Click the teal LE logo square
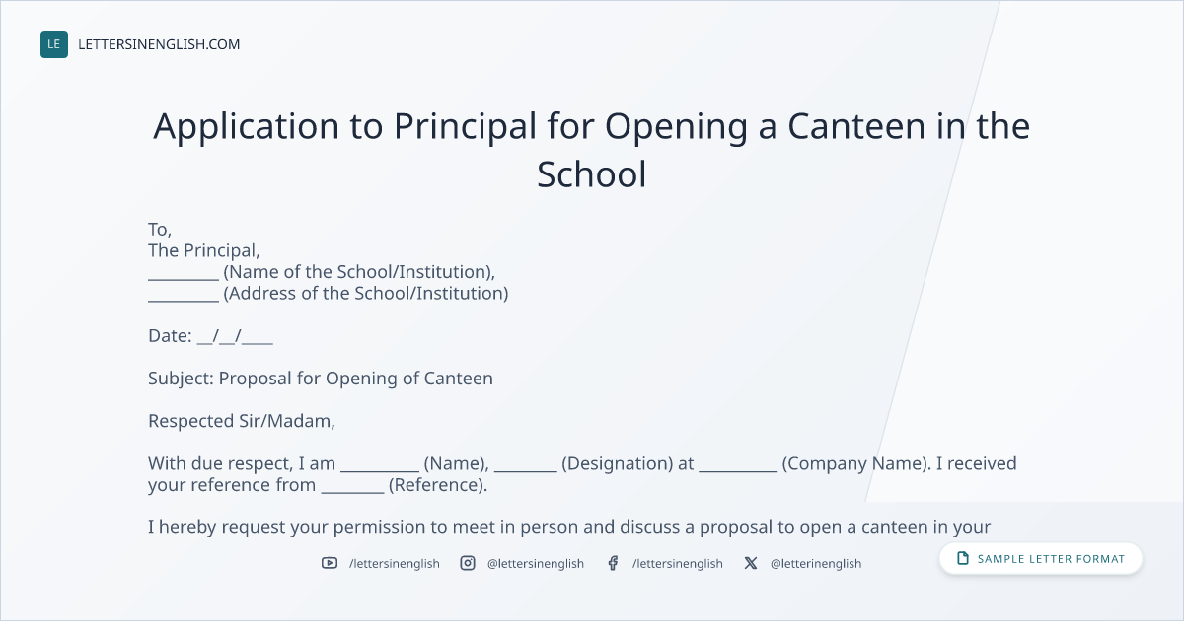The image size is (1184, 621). click(x=54, y=44)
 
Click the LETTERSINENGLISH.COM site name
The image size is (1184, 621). click(x=159, y=44)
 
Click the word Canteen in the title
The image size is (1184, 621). click(x=856, y=126)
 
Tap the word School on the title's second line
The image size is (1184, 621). click(x=591, y=174)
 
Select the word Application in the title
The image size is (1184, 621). click(x=247, y=127)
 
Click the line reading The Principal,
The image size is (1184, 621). click(x=204, y=250)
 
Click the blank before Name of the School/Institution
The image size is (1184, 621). click(x=184, y=279)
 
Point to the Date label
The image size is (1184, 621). click(x=170, y=336)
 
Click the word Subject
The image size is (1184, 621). click(x=181, y=379)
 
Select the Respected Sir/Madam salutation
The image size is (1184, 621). click(x=242, y=421)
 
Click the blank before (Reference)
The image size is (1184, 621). click(x=352, y=492)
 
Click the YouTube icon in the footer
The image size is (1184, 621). click(x=330, y=563)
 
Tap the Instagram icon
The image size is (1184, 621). click(x=468, y=563)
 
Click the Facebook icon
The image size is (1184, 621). click(x=613, y=563)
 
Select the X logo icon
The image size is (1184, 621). click(x=751, y=563)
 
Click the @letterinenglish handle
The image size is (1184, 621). click(x=816, y=564)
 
